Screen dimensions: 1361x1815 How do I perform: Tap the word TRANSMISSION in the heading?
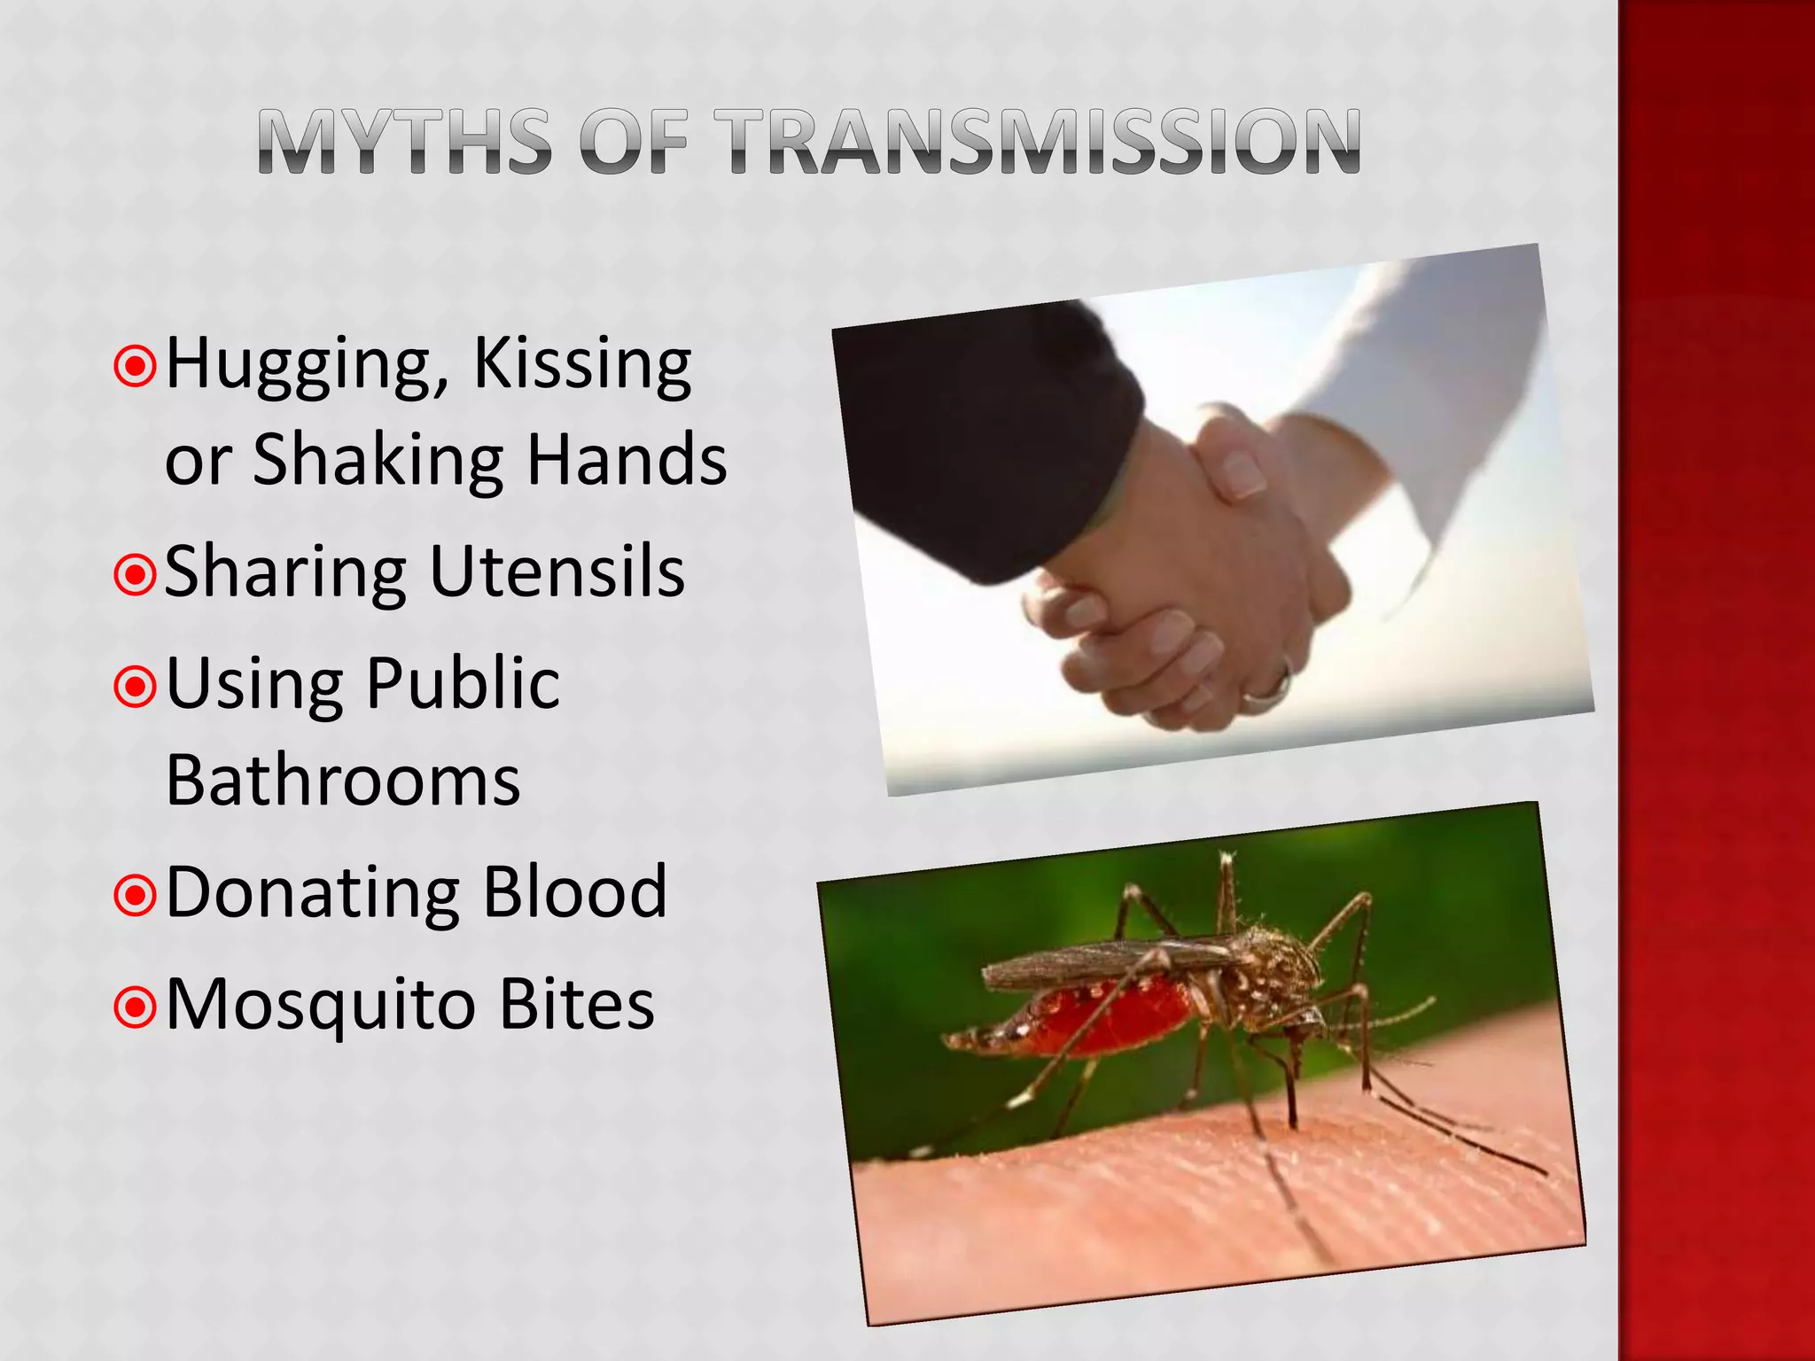tap(1037, 142)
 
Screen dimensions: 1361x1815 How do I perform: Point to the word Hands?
tap(627, 460)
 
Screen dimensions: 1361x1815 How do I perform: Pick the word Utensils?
tap(557, 572)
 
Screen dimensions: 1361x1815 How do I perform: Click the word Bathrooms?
tap(343, 781)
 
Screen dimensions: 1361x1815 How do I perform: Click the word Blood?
tap(575, 891)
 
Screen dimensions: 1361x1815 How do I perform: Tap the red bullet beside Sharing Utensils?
tap(136, 575)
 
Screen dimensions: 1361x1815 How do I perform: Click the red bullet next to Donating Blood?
tap(136, 896)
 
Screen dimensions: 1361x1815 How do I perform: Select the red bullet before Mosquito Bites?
tap(136, 1007)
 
